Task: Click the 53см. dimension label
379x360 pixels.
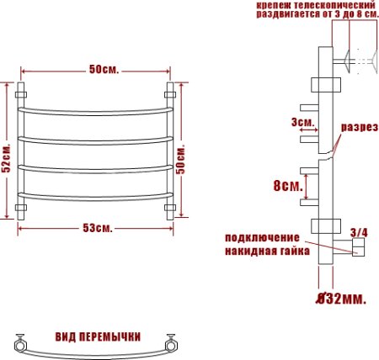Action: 99,229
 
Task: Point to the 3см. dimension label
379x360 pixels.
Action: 302,123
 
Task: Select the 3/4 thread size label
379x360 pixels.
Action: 358,231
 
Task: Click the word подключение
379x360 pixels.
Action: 263,238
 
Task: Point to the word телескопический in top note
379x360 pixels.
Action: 330,6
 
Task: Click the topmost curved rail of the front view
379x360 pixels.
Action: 98,110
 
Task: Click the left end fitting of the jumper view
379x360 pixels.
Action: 20,342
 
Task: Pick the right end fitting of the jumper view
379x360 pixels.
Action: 173,342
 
